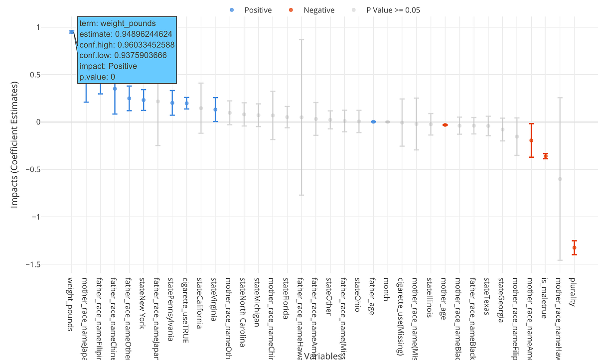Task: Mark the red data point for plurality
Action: click(574, 247)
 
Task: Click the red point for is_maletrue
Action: click(546, 156)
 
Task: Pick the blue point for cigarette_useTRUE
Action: click(186, 104)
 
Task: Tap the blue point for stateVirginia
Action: click(215, 110)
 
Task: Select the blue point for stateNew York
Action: click(144, 100)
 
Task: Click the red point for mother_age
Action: click(445, 125)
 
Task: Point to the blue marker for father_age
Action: click(373, 121)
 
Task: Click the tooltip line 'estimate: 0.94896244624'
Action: click(126, 34)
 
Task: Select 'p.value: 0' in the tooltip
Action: click(97, 76)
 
